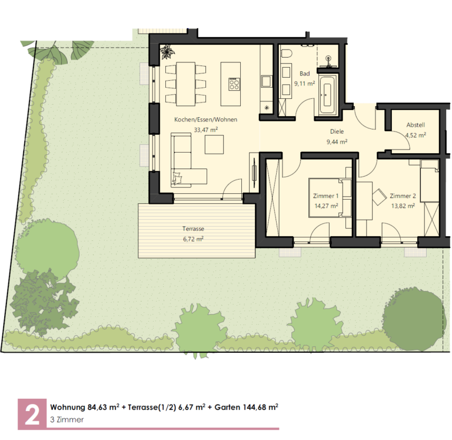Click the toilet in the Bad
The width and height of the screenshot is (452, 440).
[287, 54]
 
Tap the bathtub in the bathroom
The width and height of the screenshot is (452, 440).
[327, 94]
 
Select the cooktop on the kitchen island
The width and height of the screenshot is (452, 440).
[234, 84]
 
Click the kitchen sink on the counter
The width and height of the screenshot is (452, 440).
[266, 81]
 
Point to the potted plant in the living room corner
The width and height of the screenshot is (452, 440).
[168, 52]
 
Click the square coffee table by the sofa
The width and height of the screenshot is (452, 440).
[214, 144]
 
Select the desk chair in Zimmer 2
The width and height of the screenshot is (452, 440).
[380, 197]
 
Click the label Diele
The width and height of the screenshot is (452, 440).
[337, 131]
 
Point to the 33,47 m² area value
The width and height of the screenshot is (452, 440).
[205, 130]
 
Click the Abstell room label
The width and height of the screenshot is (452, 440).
[416, 125]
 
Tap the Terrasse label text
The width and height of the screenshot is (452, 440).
[193, 229]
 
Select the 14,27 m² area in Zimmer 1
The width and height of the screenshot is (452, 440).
[326, 206]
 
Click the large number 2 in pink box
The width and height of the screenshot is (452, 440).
[32, 414]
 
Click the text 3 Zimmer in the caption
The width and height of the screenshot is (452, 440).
[67, 419]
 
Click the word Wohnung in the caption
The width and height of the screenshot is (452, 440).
[68, 408]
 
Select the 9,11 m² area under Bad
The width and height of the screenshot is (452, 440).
[304, 84]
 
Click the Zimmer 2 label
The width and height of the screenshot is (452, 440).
[403, 196]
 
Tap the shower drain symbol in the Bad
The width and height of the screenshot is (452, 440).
[328, 59]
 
